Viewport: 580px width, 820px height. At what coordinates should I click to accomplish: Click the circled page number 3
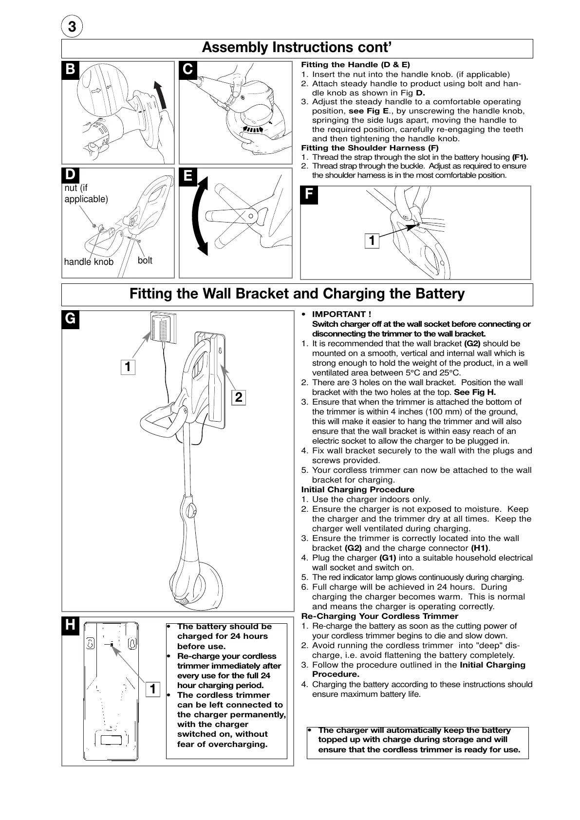72,27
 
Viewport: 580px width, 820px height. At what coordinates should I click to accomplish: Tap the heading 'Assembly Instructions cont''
297,48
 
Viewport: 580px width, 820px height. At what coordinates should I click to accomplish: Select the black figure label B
71,70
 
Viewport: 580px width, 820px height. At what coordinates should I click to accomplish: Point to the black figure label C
188,70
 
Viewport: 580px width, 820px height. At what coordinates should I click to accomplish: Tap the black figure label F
309,195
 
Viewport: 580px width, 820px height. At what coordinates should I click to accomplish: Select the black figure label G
71,319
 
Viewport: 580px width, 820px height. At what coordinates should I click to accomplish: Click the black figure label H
71,625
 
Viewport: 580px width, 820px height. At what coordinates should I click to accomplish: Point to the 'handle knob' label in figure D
89,262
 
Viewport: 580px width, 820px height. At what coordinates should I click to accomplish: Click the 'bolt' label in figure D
145,261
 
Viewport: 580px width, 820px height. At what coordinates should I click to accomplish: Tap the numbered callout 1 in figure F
372,240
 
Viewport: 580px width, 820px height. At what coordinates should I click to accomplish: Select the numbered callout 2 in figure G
238,397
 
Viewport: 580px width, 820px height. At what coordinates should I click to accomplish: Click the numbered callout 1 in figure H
152,689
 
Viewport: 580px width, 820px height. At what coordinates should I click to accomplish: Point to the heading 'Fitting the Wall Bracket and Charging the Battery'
297,294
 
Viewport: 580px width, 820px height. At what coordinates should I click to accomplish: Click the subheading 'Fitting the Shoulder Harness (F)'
370,148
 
